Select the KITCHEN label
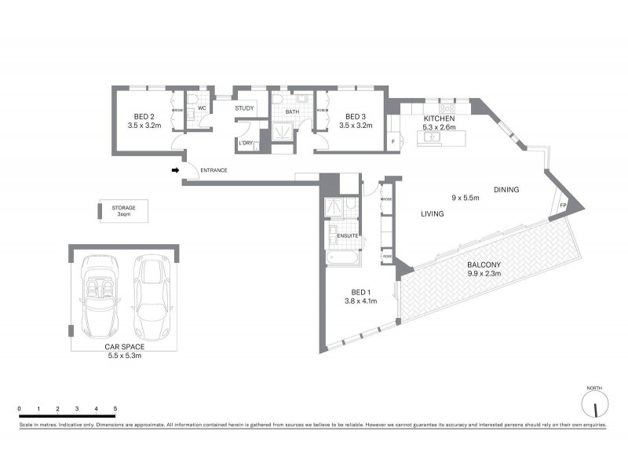point(438,118)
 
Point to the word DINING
point(506,189)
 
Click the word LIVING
point(432,214)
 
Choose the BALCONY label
point(484,265)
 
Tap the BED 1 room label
point(361,290)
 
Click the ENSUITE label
point(348,235)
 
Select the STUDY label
point(244,108)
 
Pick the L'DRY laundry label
point(245,143)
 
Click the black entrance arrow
point(177,170)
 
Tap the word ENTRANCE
point(214,170)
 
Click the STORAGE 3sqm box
point(123,210)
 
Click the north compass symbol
point(596,405)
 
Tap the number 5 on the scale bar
point(115,409)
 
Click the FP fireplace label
point(563,206)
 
